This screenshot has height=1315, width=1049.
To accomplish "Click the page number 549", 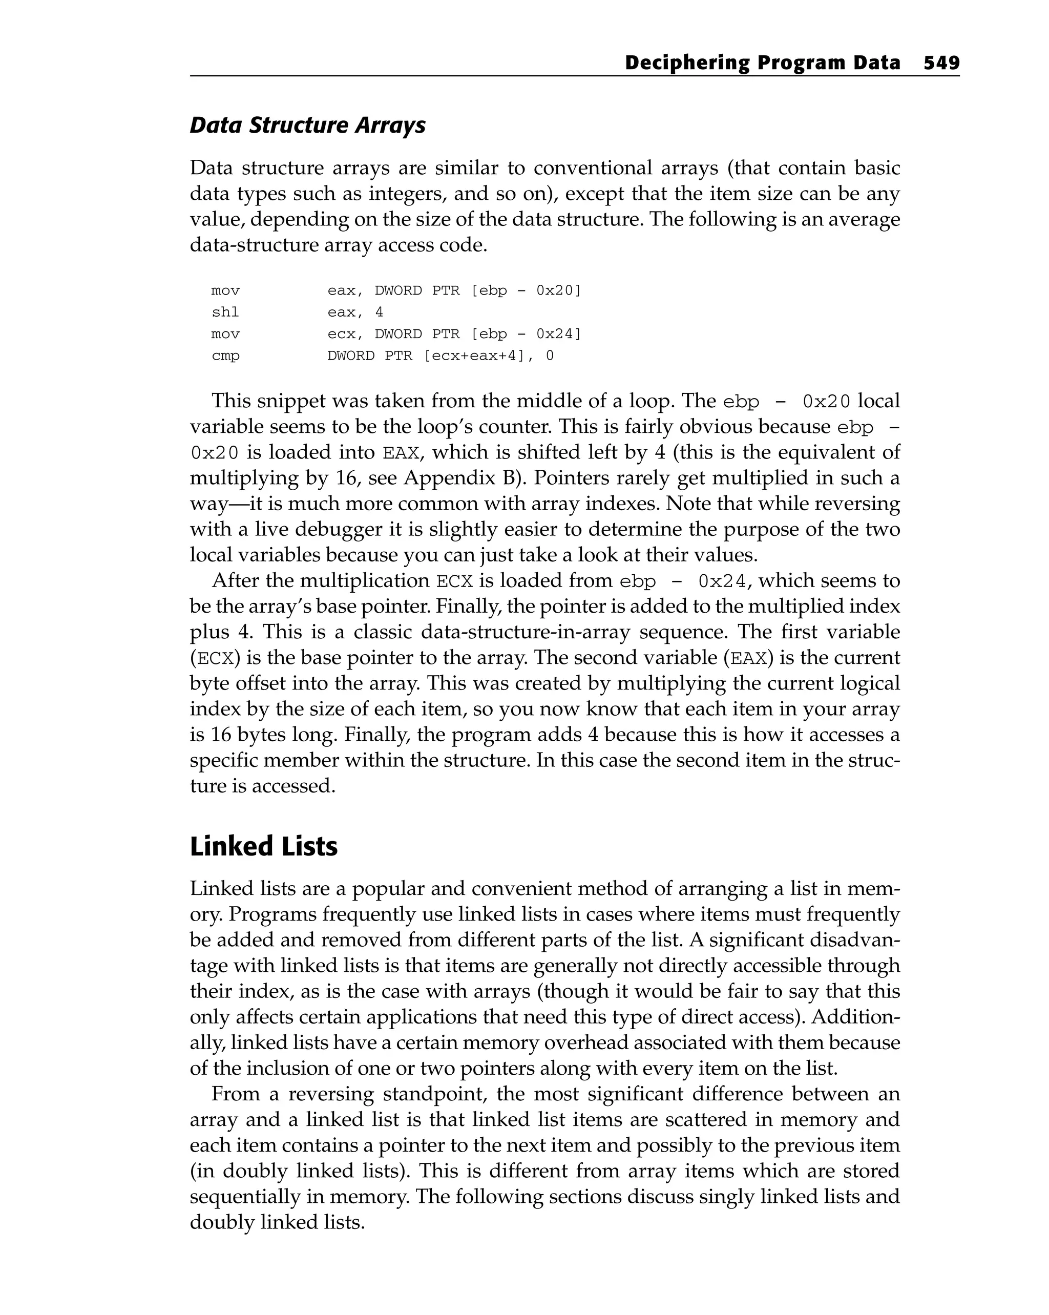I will [x=941, y=63].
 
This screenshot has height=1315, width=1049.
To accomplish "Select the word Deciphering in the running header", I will [x=687, y=63].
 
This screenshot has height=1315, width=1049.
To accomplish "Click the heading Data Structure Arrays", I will [x=307, y=125].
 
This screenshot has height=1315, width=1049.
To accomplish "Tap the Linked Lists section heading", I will [x=263, y=847].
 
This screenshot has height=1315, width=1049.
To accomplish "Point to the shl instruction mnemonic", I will [x=225, y=312].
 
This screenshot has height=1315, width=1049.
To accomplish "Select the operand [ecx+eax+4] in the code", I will [x=474, y=356].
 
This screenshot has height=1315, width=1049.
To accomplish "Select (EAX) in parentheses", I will [x=748, y=658].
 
